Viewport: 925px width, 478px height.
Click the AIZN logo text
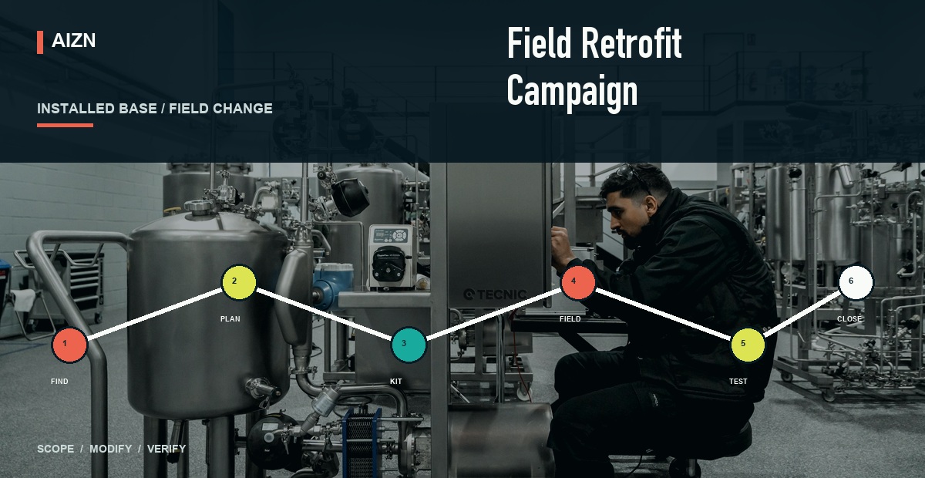tap(73, 41)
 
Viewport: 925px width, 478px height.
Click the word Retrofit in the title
tap(631, 42)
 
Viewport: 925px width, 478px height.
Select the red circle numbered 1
tap(69, 345)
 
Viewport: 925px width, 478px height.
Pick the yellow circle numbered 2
tap(239, 283)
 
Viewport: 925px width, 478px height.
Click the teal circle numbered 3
tap(409, 345)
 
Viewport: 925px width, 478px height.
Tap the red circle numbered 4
tap(578, 282)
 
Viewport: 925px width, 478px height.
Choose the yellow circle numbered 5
tap(748, 345)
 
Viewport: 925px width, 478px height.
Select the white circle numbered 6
tap(856, 283)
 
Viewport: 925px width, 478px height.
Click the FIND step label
tap(59, 382)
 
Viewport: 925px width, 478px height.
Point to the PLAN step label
tap(230, 319)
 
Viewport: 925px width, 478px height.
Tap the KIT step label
tap(396, 382)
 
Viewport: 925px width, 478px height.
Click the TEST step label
tap(738, 382)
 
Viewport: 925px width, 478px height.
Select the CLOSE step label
tap(849, 319)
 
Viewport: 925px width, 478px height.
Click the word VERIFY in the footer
tap(166, 449)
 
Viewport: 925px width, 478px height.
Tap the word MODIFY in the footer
tap(111, 449)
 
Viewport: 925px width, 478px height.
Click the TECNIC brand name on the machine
tap(495, 295)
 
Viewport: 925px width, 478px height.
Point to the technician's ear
tap(650, 205)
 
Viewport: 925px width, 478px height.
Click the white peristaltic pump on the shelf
tap(390, 257)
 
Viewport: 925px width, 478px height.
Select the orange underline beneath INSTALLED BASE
tap(66, 125)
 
